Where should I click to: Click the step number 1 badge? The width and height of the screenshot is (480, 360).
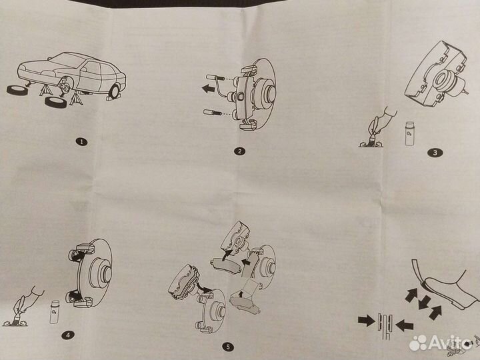click(81, 142)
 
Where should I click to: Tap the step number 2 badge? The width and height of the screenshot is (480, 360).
click(239, 151)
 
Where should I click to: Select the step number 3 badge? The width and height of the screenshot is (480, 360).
click(435, 152)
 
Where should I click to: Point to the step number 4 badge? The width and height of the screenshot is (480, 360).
click(67, 335)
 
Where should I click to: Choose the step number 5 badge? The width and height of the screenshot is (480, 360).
click(228, 347)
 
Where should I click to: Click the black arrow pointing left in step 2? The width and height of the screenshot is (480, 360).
click(209, 89)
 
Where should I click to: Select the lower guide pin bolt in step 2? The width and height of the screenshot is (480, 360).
click(213, 113)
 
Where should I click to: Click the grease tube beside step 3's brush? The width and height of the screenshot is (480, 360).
click(409, 134)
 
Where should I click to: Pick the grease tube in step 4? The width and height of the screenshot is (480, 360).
click(55, 312)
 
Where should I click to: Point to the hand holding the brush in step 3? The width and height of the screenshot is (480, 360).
click(382, 122)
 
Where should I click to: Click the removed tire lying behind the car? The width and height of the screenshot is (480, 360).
click(17, 90)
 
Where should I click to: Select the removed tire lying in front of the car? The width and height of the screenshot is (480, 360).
click(56, 102)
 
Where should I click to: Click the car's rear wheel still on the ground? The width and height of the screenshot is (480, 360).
click(115, 91)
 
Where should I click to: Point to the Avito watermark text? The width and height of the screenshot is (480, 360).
click(451, 342)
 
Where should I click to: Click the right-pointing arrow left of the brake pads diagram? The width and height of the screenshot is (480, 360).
click(367, 321)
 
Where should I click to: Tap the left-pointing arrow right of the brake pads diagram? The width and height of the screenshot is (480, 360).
click(405, 325)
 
